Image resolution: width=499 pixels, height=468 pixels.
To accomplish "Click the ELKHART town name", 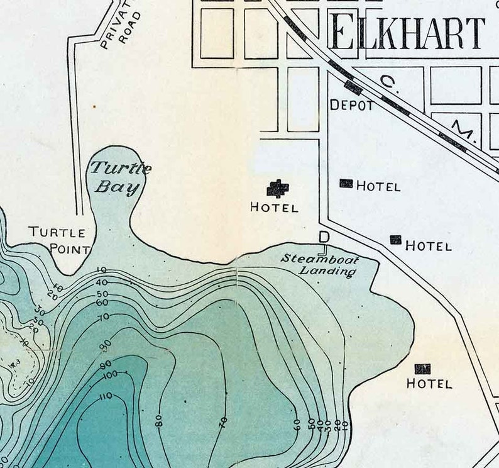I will (407, 33).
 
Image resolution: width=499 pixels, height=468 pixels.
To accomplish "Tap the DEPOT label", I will (352, 106).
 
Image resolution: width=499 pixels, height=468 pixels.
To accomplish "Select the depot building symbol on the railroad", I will (353, 88).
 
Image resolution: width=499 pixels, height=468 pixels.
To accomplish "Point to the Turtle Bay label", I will (119, 177).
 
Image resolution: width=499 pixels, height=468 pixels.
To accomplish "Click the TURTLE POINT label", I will (60, 240).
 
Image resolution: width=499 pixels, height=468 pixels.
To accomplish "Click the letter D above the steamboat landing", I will (324, 237).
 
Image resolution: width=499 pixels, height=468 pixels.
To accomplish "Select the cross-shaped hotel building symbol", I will (277, 188).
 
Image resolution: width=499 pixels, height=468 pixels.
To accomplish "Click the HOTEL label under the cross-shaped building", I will (274, 207).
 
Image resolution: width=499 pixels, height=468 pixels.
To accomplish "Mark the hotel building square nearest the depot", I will (346, 183).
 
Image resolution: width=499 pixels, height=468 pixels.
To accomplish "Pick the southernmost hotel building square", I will (422, 369).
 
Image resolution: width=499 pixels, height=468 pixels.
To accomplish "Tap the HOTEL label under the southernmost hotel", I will (429, 384).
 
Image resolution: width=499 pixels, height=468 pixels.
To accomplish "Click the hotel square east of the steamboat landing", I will (395, 240).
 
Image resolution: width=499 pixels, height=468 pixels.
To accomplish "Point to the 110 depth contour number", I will (105, 396).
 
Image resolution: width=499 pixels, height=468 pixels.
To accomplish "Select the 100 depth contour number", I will (110, 374).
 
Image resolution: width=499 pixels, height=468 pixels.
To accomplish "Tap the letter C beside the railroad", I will (388, 82).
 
